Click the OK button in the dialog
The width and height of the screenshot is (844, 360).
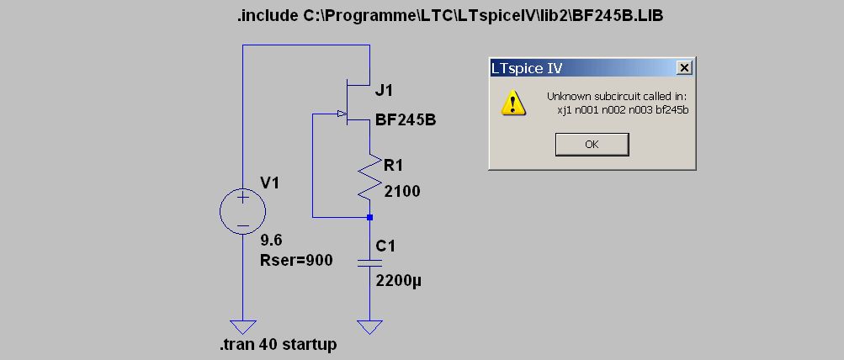click(592, 144)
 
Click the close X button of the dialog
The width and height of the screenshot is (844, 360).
click(684, 67)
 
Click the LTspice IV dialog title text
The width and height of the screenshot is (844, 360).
click(528, 68)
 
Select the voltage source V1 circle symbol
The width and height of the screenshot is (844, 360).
click(242, 210)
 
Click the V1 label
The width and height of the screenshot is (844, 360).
click(271, 182)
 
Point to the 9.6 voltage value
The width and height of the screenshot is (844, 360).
click(271, 241)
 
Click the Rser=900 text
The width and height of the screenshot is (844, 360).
click(297, 261)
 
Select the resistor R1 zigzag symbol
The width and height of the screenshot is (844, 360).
click(369, 177)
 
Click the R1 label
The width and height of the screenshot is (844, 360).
click(394, 167)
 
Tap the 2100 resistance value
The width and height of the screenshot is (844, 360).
click(402, 192)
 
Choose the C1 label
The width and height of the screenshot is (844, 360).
click(385, 246)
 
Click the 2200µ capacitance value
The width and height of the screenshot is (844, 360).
click(398, 281)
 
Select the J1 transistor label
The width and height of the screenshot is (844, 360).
click(384, 90)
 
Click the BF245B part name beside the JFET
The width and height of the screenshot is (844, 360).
click(406, 120)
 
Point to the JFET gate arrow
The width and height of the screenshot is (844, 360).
click(341, 114)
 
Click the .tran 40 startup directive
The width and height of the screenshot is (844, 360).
click(278, 345)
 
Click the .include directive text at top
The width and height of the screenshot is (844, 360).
click(450, 16)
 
